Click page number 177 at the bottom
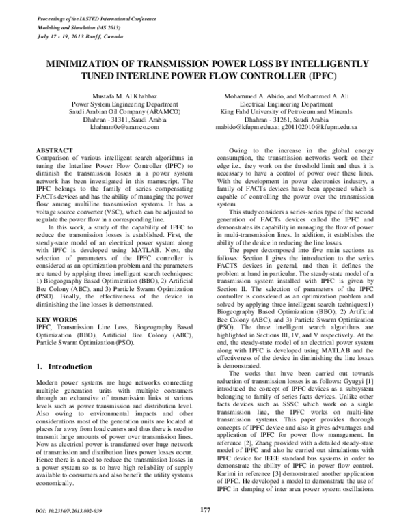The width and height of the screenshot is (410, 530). (x=205, y=510)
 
